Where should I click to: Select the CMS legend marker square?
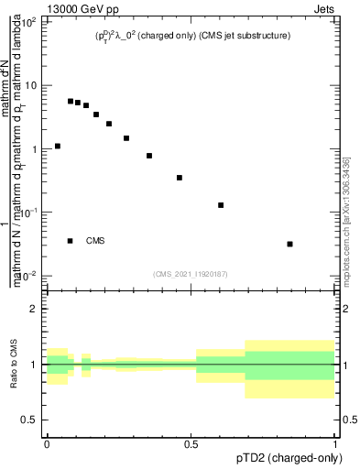click(71, 241)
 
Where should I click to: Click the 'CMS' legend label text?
click(95, 241)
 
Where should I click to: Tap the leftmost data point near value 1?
click(58, 146)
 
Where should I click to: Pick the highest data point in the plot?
click(71, 101)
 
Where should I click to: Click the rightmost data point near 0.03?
click(289, 244)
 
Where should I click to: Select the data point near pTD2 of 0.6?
click(221, 205)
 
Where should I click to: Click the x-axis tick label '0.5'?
click(191, 442)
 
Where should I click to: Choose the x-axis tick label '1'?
click(335, 442)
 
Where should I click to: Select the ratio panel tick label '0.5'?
click(32, 420)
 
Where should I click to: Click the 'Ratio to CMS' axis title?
click(15, 365)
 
